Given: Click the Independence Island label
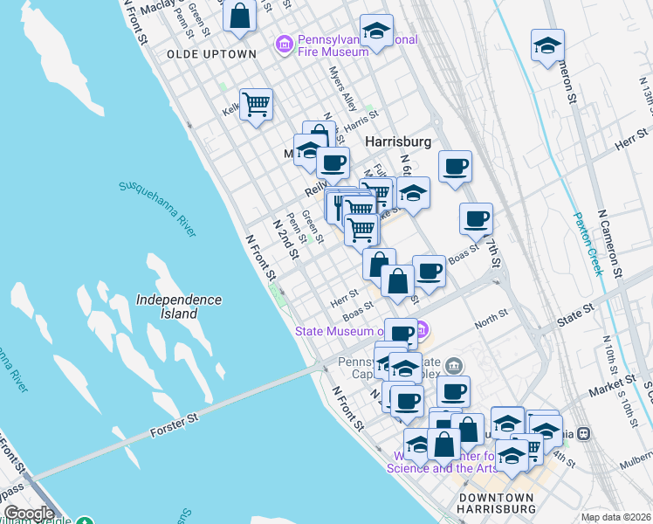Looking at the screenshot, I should click(x=179, y=306).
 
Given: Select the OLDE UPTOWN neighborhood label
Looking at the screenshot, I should click(x=211, y=54).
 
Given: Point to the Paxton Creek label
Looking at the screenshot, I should click(x=588, y=244).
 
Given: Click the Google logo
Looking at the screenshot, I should click(x=28, y=514).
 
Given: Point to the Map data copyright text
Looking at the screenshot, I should click(x=616, y=516).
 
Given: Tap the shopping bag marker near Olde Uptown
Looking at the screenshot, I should click(x=239, y=16).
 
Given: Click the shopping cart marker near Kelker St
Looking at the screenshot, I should click(x=256, y=105).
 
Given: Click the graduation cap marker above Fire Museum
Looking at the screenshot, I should click(x=376, y=32).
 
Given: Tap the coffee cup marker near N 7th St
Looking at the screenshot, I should click(x=476, y=218).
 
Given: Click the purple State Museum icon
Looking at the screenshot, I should click(x=421, y=330).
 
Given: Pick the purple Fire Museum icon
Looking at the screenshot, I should click(x=283, y=44).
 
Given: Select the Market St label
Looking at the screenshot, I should click(x=612, y=382).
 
